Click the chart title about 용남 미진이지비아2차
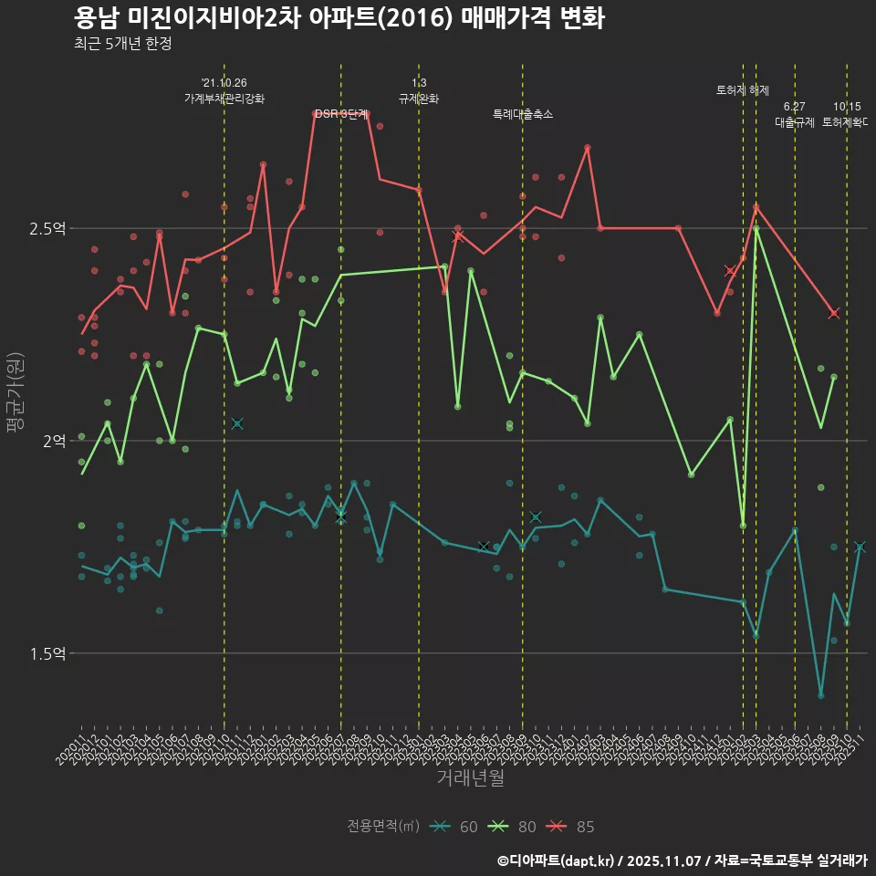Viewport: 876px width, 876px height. click(x=339, y=18)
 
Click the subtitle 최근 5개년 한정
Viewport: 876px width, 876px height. click(x=122, y=44)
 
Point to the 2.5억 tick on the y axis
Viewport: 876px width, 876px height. click(x=47, y=228)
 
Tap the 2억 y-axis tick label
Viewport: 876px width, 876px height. click(x=54, y=441)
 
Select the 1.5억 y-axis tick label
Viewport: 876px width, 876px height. click(x=47, y=653)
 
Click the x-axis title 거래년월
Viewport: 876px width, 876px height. click(x=470, y=778)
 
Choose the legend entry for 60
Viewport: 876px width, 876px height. click(x=456, y=827)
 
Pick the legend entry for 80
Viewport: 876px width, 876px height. click(x=515, y=827)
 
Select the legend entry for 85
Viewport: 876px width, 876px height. click(x=573, y=827)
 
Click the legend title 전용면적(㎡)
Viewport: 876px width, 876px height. click(x=383, y=827)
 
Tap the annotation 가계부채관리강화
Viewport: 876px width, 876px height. click(x=224, y=99)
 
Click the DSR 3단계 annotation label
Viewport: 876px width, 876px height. click(x=341, y=115)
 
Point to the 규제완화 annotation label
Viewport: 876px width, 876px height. click(x=419, y=99)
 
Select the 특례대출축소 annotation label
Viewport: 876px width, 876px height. click(x=523, y=115)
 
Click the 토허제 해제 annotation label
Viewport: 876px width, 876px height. click(x=743, y=90)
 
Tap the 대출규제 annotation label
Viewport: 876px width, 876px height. click(x=795, y=121)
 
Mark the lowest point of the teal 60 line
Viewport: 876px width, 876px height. click(x=821, y=695)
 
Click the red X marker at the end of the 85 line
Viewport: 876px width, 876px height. click(x=834, y=313)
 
